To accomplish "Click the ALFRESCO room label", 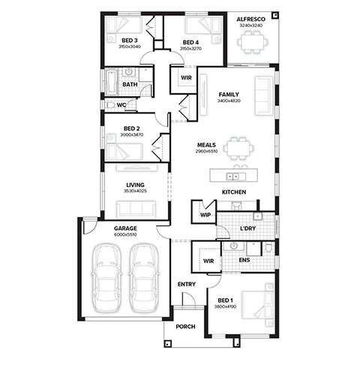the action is (x=251, y=20).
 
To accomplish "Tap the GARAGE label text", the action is (x=125, y=228).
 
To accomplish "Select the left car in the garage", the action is (x=106, y=278).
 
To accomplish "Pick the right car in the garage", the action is (x=144, y=278).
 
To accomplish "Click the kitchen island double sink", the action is (x=232, y=176).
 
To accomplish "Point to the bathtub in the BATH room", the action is (x=112, y=82).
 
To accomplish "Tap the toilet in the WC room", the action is (x=110, y=106).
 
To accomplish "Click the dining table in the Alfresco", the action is (x=253, y=42).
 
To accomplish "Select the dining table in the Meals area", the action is (x=238, y=148).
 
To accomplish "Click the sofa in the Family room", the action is (x=264, y=96).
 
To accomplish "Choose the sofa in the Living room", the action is (x=136, y=209).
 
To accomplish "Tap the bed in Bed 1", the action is (x=257, y=305).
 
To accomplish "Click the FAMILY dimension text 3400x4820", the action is (x=229, y=101).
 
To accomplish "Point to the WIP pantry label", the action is (x=205, y=215).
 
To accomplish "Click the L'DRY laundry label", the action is (x=248, y=228).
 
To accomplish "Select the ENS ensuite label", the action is (x=244, y=260).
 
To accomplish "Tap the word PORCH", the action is (x=185, y=327).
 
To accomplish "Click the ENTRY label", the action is (x=187, y=284).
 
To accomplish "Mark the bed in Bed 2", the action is (x=124, y=148).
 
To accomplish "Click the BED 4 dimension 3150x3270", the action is (x=190, y=49).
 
